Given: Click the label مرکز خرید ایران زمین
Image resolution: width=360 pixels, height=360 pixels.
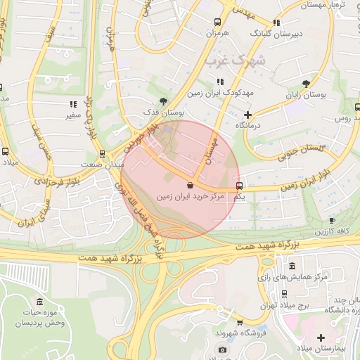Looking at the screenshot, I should click(x=191, y=197).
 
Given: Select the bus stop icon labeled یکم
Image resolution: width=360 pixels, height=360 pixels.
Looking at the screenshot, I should click(x=240, y=186).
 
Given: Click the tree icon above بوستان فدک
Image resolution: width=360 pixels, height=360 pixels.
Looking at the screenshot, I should click(x=164, y=101).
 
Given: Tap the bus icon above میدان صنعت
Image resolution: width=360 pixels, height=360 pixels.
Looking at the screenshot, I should click(x=103, y=153).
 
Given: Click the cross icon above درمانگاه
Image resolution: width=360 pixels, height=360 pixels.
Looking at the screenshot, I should click(x=247, y=115).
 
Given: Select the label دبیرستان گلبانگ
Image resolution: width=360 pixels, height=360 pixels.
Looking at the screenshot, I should click(x=277, y=33).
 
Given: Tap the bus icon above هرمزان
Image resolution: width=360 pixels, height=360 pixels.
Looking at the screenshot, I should click(x=217, y=22).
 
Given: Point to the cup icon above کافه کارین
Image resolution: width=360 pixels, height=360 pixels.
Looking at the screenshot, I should click(x=332, y=221).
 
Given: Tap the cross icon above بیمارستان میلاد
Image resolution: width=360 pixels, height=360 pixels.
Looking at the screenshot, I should click(x=321, y=337).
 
